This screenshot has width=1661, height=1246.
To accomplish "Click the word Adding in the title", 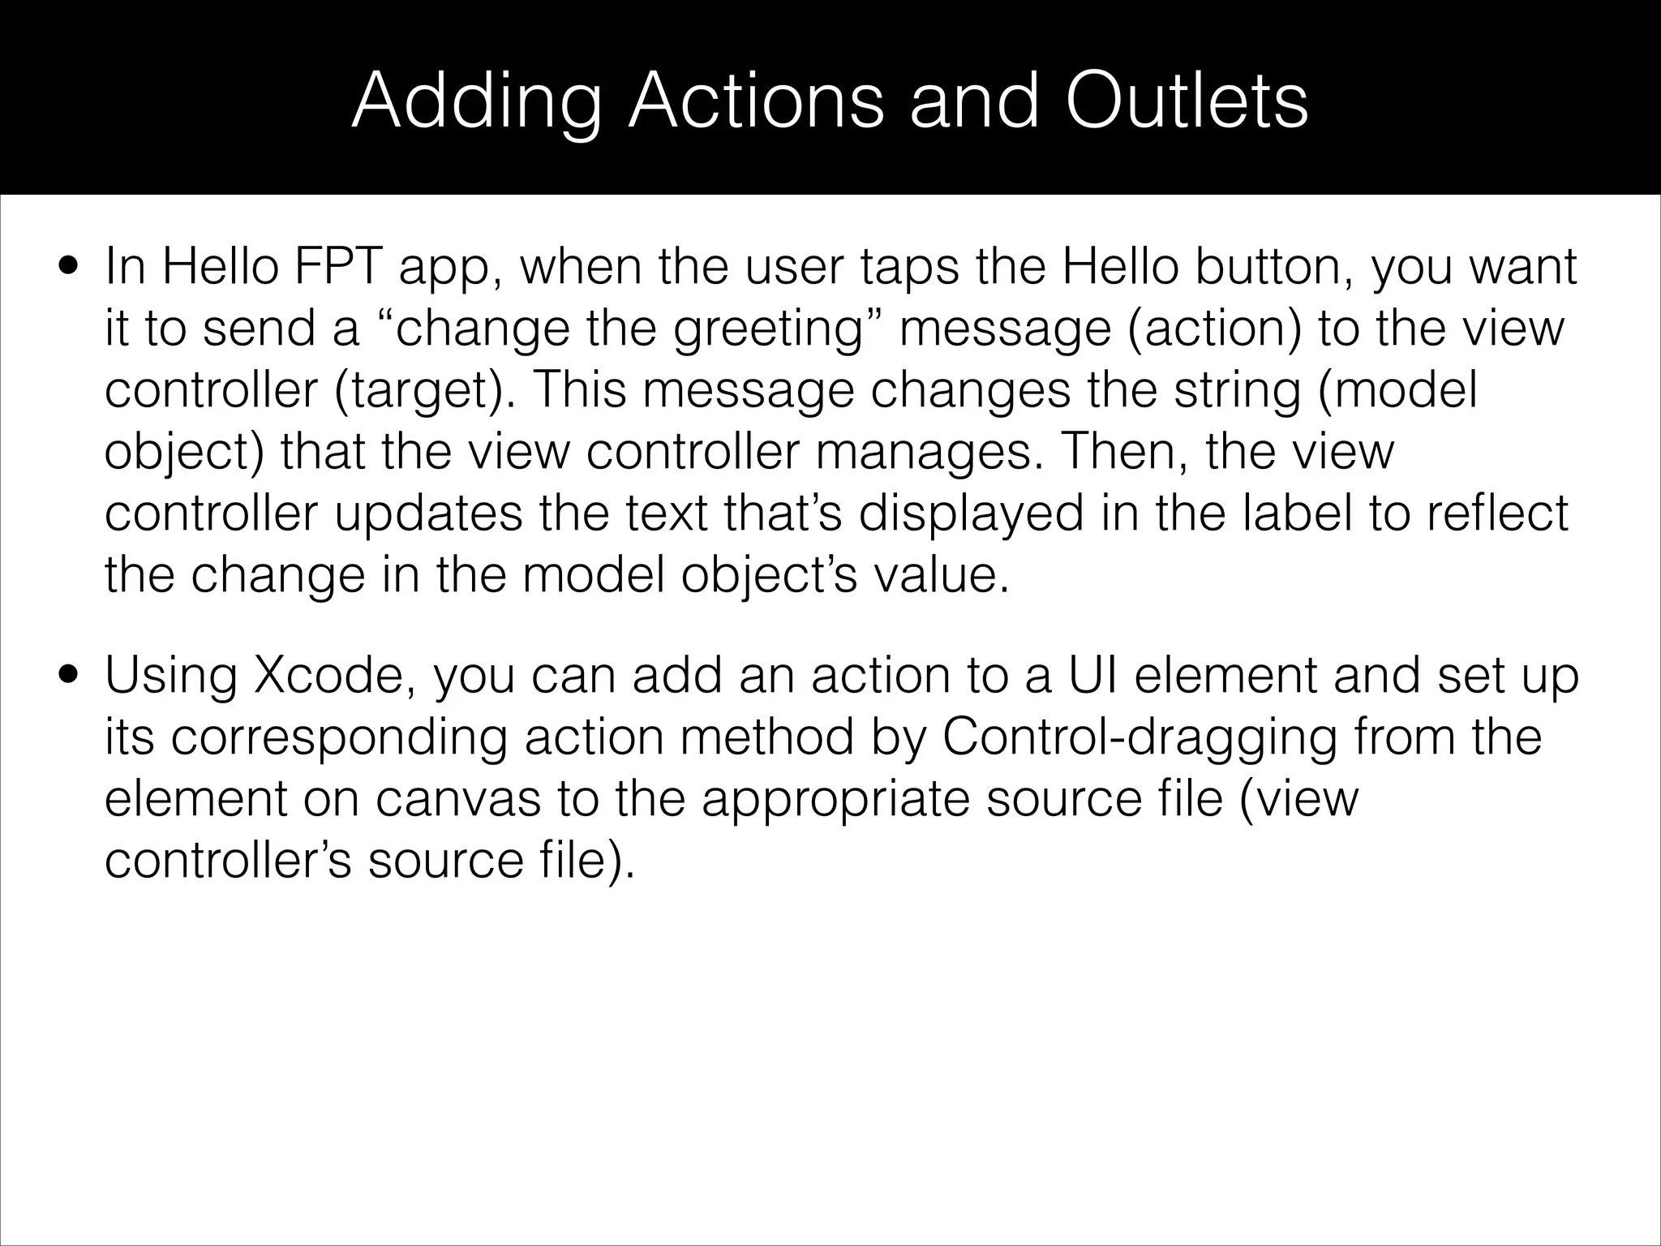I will (478, 101).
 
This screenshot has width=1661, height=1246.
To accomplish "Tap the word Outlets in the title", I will (1187, 101).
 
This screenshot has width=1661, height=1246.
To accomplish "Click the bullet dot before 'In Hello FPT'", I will (68, 267).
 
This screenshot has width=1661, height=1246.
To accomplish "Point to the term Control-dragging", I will (1140, 738).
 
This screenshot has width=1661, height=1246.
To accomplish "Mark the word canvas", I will (458, 799).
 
